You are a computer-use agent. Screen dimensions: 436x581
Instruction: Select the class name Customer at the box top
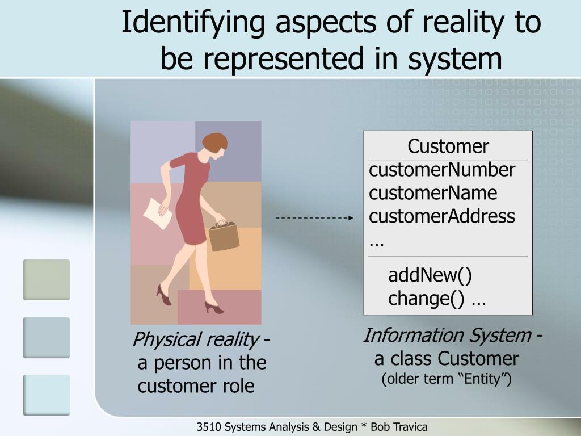[x=448, y=146]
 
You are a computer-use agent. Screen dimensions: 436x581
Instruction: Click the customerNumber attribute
[x=442, y=170]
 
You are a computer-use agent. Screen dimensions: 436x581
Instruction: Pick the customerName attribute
[x=433, y=193]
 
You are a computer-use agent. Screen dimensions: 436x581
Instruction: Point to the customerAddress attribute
[x=442, y=216]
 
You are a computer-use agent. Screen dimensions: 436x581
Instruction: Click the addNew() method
[x=430, y=275]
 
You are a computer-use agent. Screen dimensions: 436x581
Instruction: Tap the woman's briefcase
[x=224, y=236]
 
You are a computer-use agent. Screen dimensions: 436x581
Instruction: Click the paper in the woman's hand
[x=156, y=213]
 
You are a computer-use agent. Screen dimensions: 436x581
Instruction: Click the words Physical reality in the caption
[x=195, y=340]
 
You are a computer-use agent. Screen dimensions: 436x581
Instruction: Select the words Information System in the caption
[x=447, y=336]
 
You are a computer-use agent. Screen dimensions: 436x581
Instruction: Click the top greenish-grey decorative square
[x=47, y=279]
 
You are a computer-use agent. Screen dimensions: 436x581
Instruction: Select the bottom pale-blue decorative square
[x=47, y=395]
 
